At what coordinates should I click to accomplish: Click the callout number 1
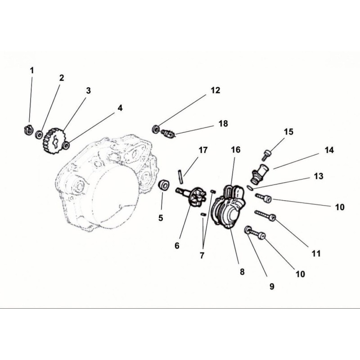point(32,71)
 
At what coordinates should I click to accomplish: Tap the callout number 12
point(215,90)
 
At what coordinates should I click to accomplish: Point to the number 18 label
point(223,123)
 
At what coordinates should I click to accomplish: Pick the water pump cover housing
point(229,207)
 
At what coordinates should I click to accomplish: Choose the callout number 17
point(203,150)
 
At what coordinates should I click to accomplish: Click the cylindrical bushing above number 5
point(164,185)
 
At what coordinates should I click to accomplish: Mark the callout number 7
point(202,255)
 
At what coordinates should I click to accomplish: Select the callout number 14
point(329,150)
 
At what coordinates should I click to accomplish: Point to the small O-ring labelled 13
point(250,188)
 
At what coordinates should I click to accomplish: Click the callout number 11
point(316,253)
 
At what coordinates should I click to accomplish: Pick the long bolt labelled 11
point(265,216)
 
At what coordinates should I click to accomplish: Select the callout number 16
point(235,150)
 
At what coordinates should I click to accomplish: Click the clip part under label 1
point(28,130)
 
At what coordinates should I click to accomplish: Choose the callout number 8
point(242,272)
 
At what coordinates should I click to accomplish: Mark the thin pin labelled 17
point(181,176)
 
